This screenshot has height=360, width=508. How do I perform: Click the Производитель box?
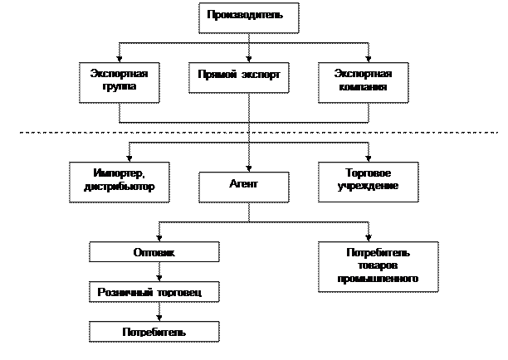(x=248, y=17)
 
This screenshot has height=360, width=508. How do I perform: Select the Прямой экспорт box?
(x=239, y=76)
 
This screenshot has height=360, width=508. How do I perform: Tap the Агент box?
(x=243, y=186)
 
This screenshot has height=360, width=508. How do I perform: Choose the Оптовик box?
(x=154, y=252)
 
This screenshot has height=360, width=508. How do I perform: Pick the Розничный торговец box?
(x=154, y=292)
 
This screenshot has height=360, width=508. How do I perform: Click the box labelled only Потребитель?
(x=154, y=332)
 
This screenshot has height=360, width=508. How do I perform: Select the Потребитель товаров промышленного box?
(x=367, y=266)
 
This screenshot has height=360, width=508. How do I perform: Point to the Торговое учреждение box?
(x=368, y=180)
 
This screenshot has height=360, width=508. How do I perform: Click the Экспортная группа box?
(x=120, y=81)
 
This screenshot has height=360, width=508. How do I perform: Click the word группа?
(x=120, y=86)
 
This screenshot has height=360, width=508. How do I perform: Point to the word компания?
(x=364, y=86)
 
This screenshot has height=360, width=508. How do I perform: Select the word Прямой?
(x=216, y=75)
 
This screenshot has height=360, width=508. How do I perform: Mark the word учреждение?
(x=368, y=187)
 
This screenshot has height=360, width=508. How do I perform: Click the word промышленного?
(x=367, y=280)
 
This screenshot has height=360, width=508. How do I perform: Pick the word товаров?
(x=367, y=266)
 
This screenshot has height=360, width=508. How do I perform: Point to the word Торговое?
(x=368, y=173)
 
